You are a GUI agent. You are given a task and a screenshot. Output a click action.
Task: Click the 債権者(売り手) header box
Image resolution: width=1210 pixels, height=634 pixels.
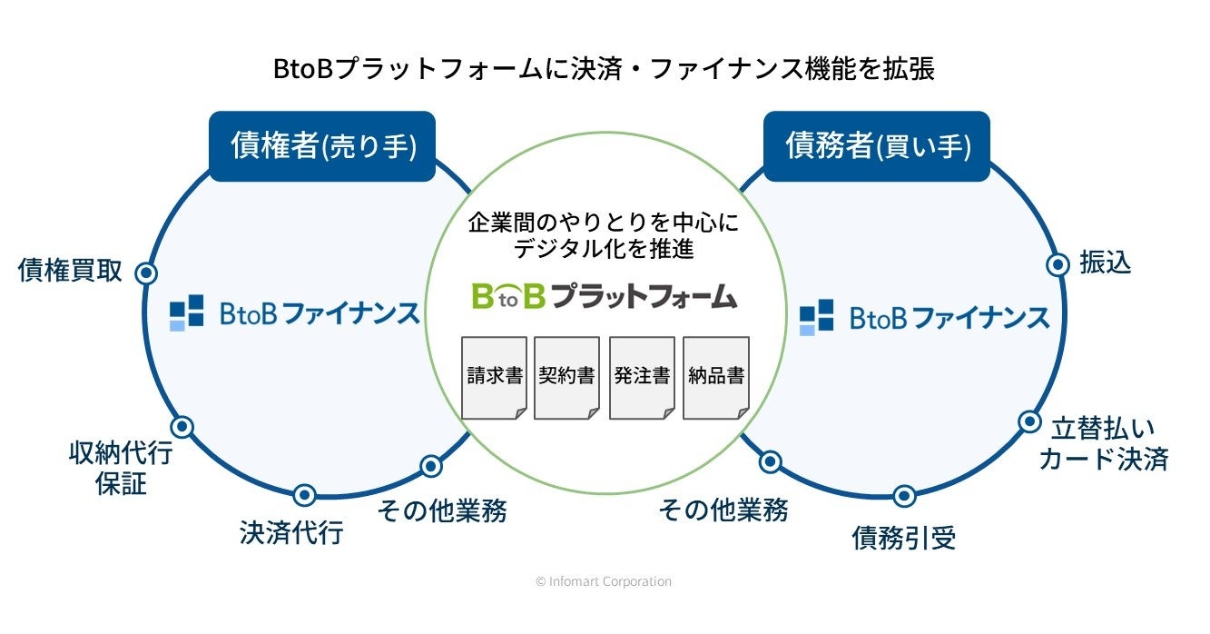[x=322, y=145]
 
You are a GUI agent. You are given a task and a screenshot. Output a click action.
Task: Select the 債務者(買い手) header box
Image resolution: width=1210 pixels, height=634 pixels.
[x=876, y=145]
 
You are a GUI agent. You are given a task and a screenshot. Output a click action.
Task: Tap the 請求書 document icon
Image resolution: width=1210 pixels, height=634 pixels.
[x=495, y=377]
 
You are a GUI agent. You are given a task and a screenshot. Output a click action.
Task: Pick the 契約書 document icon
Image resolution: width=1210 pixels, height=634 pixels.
[x=566, y=377]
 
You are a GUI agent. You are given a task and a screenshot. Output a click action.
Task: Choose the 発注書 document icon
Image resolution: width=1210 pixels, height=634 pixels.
[x=642, y=377]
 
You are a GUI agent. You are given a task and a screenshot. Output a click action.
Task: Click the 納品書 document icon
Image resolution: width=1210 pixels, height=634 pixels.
[x=715, y=377]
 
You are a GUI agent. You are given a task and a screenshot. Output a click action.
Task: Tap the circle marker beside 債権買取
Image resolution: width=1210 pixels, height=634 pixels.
[x=146, y=272]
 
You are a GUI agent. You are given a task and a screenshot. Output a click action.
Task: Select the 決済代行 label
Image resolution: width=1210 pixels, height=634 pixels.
[x=291, y=532]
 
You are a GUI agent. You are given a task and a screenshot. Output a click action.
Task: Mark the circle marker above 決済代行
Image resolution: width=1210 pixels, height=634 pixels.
[x=305, y=495]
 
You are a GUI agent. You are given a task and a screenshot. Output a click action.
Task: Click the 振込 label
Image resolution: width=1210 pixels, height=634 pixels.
[x=1105, y=263]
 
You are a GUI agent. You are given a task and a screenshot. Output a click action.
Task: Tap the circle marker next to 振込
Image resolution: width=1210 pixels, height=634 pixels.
[x=1058, y=264]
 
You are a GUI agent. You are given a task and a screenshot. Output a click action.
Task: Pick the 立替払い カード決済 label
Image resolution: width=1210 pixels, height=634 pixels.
[x=1103, y=444]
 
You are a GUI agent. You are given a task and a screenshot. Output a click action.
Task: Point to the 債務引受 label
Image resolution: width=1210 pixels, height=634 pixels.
[x=903, y=539]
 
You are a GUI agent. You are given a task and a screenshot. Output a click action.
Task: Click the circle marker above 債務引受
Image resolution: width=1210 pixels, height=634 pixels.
[x=903, y=496]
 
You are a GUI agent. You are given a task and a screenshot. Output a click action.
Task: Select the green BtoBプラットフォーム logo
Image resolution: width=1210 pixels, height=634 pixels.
[x=604, y=296]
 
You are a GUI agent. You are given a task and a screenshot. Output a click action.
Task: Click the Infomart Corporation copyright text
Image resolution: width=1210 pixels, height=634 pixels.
[x=604, y=581]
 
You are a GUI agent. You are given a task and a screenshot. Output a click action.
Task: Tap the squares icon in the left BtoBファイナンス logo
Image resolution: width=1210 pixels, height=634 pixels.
[x=187, y=312]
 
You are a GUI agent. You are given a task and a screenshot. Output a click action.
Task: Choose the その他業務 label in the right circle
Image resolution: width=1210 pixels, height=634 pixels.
[x=723, y=510]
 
